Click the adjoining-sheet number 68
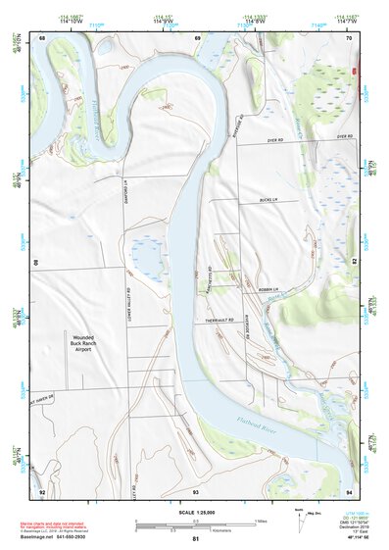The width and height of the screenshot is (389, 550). click(x=42, y=37)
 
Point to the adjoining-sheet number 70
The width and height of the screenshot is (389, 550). click(x=348, y=37)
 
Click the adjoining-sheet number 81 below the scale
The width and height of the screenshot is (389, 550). click(x=195, y=539)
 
